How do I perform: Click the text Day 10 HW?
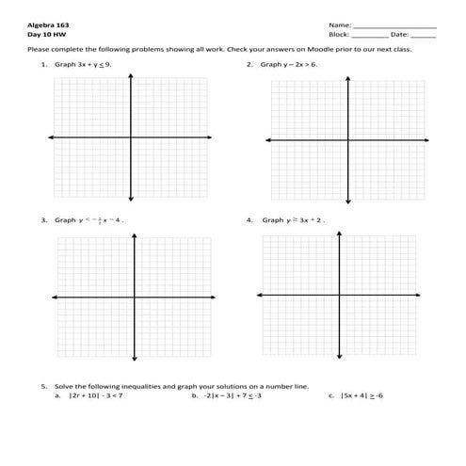41,34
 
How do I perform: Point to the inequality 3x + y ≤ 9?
96,64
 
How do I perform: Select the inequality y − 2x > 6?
301,64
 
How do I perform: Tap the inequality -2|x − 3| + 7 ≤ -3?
232,396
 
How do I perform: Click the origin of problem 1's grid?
131,138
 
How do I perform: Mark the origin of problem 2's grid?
349,140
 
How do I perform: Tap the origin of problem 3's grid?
135,297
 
